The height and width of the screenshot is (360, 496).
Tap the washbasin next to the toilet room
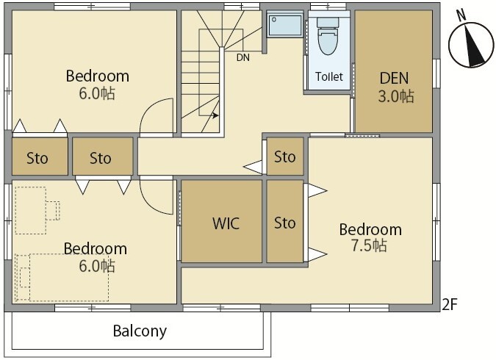pos(285,25)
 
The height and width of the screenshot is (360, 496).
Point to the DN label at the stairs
pos(243,57)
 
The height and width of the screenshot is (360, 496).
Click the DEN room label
pos(394,78)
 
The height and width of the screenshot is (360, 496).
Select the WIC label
pos(226,223)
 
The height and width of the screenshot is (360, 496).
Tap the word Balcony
pos(140,331)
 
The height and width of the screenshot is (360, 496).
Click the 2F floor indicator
pos(450,304)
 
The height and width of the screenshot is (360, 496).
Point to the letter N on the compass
pos(461,15)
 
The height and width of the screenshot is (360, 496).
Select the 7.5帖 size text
pos(369,245)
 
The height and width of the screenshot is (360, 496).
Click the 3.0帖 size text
pos(396,96)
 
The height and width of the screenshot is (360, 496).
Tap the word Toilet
pos(329,76)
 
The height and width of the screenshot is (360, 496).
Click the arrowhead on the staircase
pos(216,115)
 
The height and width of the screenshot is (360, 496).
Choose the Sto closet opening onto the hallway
pos(284,156)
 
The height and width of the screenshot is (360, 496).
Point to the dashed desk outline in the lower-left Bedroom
pos(31,210)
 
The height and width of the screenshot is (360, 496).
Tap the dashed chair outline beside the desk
pos(53,210)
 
